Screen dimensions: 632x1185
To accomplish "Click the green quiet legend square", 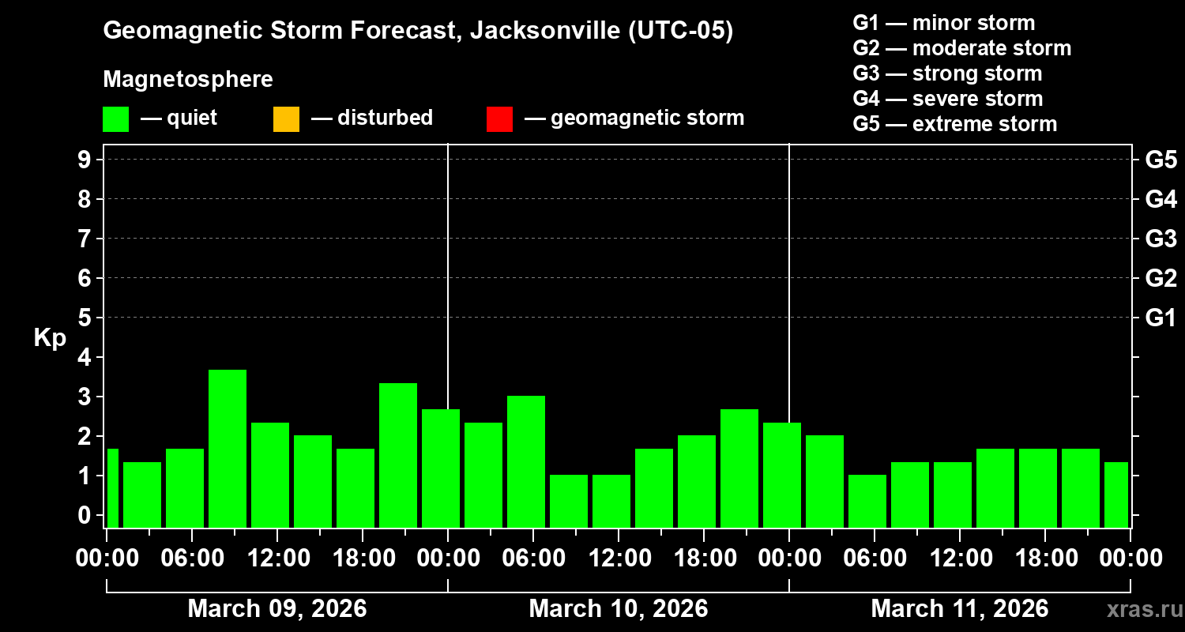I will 115,119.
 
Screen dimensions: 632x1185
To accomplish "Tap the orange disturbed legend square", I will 286,119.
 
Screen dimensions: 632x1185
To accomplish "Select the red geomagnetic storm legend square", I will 499,119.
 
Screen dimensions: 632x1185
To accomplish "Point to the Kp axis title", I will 50,338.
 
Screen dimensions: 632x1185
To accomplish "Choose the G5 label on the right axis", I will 1161,160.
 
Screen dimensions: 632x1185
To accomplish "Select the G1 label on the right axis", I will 1161,318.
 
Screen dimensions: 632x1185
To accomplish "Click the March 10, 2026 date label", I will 618,609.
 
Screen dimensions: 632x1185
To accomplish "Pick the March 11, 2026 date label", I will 959,609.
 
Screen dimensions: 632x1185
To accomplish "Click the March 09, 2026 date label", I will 276,609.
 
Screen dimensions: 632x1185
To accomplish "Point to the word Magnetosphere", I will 188,80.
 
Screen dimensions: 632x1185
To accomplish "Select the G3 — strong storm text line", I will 947,73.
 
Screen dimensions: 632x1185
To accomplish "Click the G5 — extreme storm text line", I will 954,124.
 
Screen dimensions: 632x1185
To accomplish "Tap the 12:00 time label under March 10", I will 618,559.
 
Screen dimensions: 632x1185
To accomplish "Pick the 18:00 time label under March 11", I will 1044,559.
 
